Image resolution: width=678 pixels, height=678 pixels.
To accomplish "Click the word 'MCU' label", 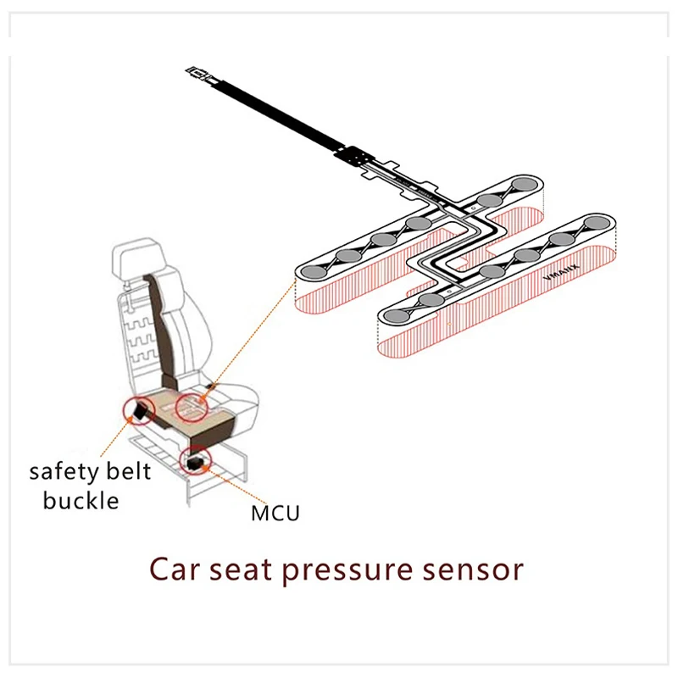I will [x=275, y=513].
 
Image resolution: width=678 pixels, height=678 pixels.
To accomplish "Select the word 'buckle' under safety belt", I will [x=81, y=500].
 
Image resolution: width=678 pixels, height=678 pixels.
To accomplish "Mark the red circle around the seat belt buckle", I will [x=139, y=412].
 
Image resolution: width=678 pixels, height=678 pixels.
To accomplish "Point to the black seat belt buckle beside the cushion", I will [x=141, y=413].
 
